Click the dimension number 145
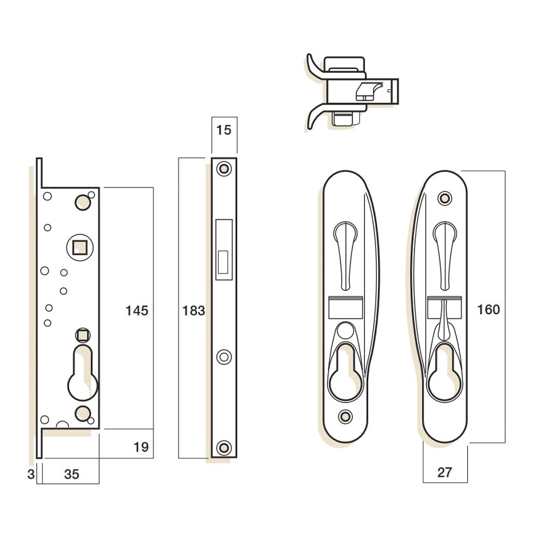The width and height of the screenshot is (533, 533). coord(137,310)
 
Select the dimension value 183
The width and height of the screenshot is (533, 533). coord(194,310)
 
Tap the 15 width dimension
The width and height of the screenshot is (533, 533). coord(224,130)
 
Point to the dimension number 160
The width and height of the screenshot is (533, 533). coord(488,310)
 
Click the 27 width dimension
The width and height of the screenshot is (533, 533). coord(445,472)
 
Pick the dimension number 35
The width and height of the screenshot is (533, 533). coord(71,474)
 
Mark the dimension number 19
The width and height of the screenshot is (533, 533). coord(141,447)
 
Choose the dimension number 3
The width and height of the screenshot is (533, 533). coord(31,474)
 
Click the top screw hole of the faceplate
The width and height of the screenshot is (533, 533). coord(224,169)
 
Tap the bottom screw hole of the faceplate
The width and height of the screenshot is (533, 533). coord(224,448)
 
